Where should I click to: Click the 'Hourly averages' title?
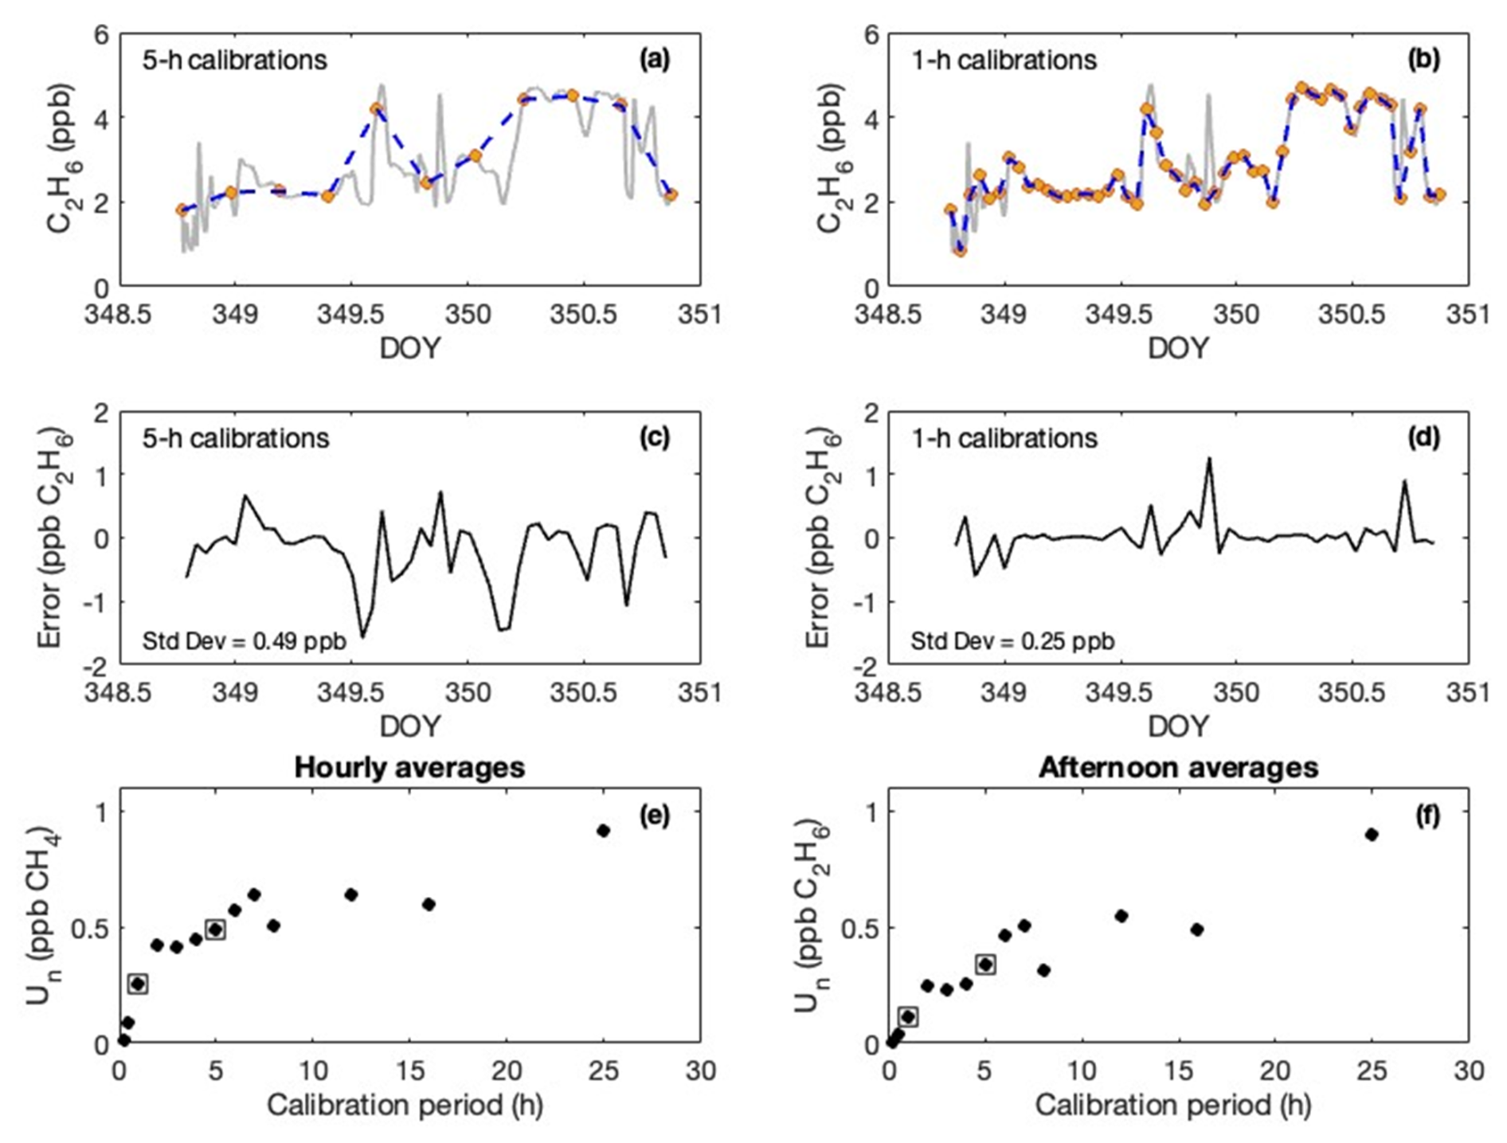click(409, 768)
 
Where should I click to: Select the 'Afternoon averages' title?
click(1178, 768)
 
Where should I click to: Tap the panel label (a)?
click(656, 60)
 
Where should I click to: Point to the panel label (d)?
click(1423, 437)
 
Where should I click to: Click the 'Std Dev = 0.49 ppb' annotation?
click(245, 640)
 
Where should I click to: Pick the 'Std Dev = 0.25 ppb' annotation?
click(1012, 640)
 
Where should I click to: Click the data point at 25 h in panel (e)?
click(603, 831)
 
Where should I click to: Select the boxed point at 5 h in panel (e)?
click(215, 930)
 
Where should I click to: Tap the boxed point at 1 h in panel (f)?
click(908, 1016)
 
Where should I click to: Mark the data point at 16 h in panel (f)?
click(1196, 930)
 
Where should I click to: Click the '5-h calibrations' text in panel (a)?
click(234, 61)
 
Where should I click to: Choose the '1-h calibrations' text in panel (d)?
click(1004, 438)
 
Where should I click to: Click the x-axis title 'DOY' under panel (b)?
click(1178, 348)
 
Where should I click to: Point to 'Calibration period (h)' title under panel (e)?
click(405, 1106)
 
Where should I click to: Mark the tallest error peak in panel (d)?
click(1208, 459)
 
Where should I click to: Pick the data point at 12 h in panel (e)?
click(351, 895)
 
